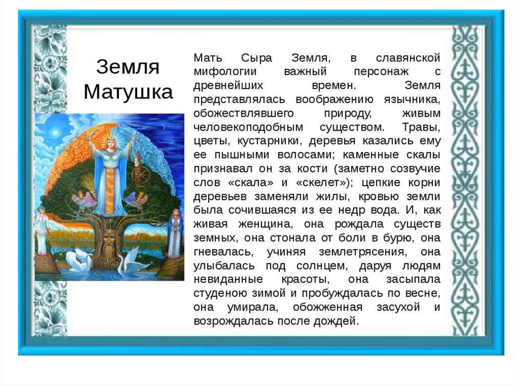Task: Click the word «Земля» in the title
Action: (x=127, y=67)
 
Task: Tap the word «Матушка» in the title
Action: (x=128, y=92)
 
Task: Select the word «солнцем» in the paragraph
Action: (x=310, y=265)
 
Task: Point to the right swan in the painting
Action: (x=131, y=262)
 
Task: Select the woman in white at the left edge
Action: (x=42, y=232)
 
